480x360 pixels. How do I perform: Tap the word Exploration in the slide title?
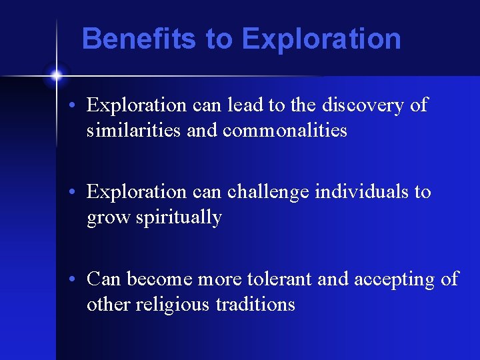[x=321, y=39]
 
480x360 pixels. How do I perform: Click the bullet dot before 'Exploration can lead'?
[x=78, y=106]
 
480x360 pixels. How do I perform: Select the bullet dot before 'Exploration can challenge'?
[x=78, y=193]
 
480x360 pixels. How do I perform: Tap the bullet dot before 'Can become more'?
[x=78, y=279]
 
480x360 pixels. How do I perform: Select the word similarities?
[x=134, y=130]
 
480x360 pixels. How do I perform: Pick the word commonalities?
[x=285, y=130]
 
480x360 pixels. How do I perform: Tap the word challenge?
[x=270, y=192]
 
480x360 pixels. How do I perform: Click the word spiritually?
[x=179, y=217]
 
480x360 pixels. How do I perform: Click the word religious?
[x=173, y=305]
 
